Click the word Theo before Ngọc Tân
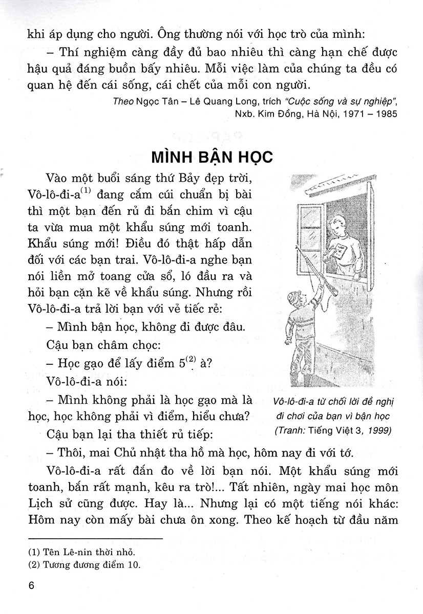pos(122,100)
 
